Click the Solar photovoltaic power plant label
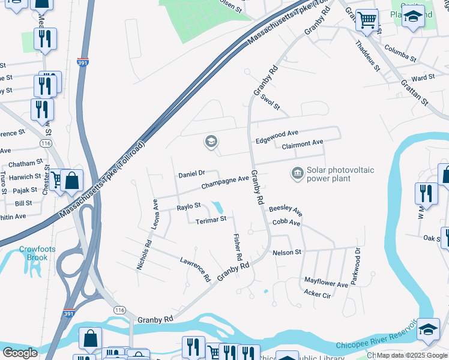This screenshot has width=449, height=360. click(340, 174)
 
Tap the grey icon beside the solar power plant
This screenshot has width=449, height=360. click(297, 174)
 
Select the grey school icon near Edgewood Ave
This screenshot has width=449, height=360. click(211, 142)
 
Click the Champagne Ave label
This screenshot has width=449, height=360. click(224, 182)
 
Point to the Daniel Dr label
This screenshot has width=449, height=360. click(192, 175)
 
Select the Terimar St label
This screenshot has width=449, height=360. click(211, 220)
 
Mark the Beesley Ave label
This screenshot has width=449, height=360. click(285, 210)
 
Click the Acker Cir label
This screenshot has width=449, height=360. click(318, 294)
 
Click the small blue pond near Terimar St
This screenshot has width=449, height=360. click(218, 208)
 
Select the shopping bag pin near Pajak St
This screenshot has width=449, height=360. click(72, 181)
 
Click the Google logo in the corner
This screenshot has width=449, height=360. click(20, 353)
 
